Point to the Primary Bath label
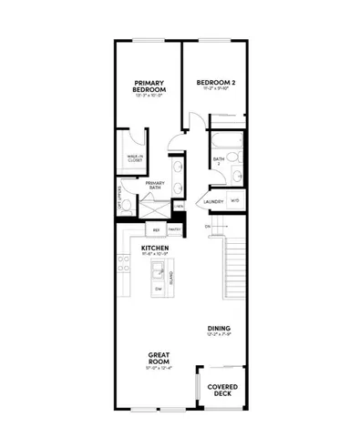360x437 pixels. [153, 185]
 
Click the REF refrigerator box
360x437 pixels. [156, 231]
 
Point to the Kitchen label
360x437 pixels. [152, 248]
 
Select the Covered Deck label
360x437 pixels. [221, 389]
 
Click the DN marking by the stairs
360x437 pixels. [208, 226]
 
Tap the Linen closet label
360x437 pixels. [179, 206]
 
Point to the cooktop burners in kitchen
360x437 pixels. [123, 266]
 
